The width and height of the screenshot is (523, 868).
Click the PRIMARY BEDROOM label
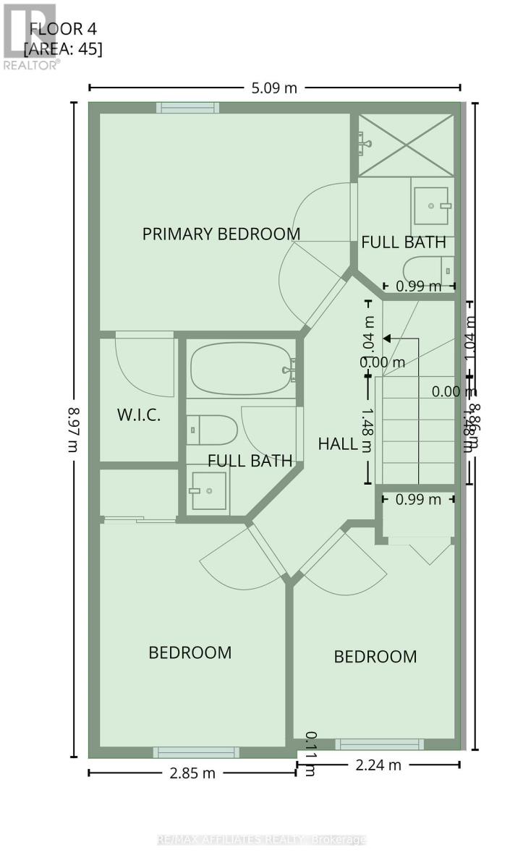click(221, 234)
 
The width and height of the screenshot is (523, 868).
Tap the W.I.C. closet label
click(138, 415)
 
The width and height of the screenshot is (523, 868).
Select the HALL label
click(338, 443)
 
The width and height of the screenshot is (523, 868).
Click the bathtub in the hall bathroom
click(242, 369)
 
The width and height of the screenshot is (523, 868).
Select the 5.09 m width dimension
click(274, 88)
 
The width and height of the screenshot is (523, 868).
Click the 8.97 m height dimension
click(73, 429)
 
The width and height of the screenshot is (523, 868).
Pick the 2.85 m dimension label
click(192, 773)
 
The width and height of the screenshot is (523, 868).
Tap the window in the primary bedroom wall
click(188, 108)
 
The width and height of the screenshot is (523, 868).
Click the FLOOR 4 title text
click(62, 30)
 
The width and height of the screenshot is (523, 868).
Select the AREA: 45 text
click(63, 49)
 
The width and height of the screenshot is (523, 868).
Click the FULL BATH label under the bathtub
click(250, 461)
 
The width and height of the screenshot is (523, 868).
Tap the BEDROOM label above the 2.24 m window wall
click(375, 656)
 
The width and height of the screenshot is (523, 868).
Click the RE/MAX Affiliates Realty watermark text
click(261, 840)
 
